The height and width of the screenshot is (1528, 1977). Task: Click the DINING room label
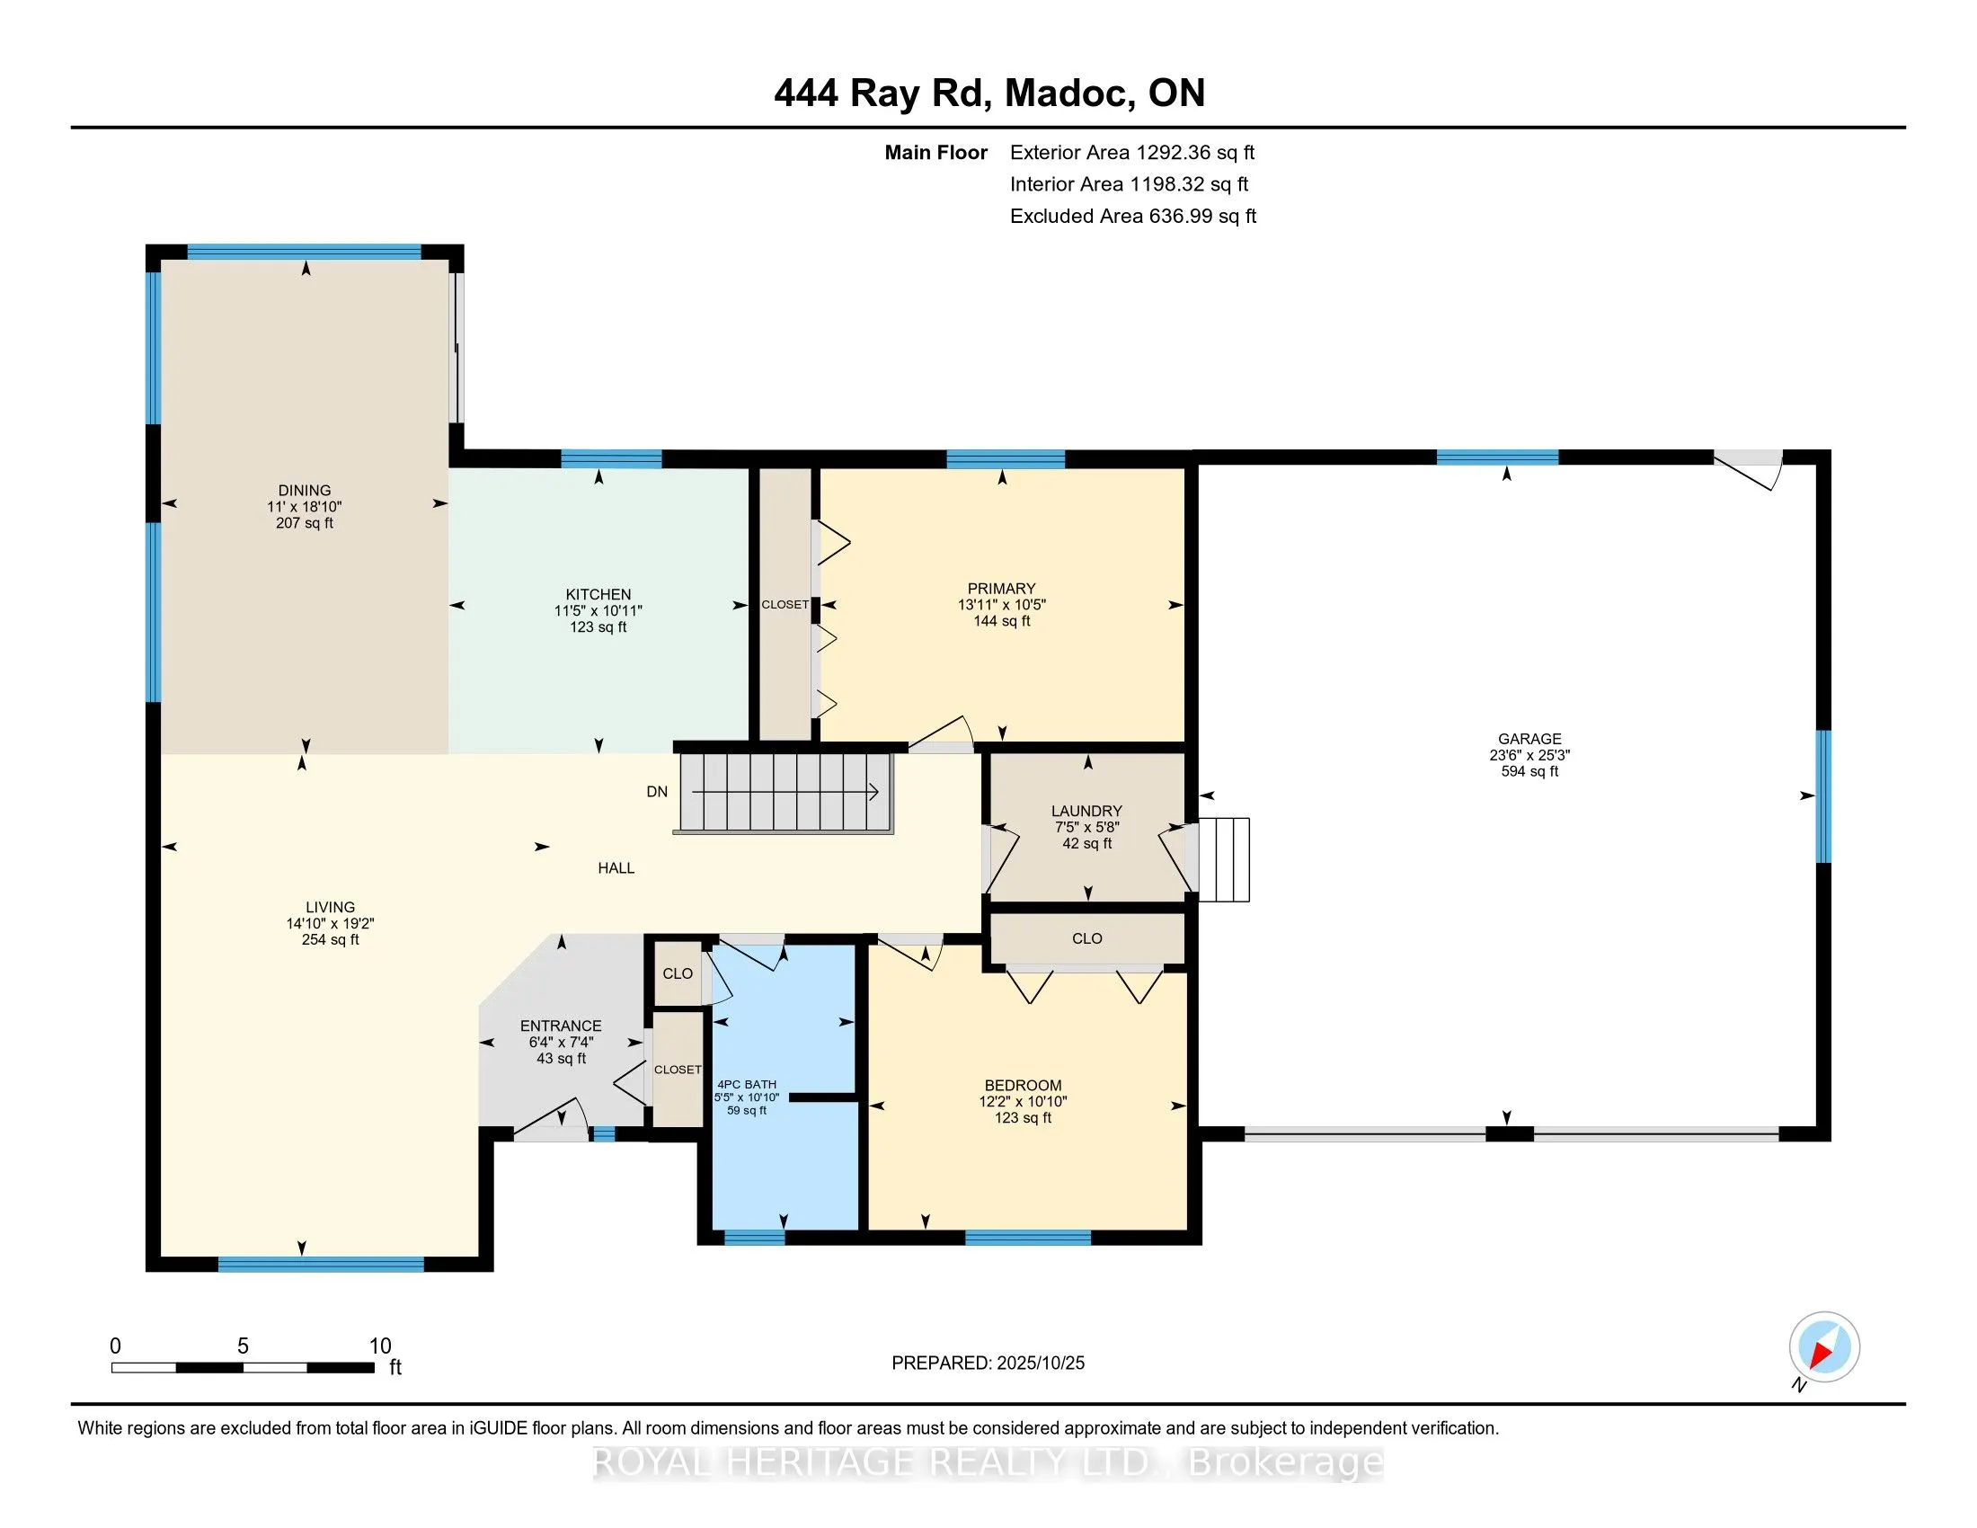[x=304, y=491]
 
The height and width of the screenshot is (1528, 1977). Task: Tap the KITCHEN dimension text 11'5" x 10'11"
[x=598, y=611]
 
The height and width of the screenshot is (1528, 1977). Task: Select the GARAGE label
[x=1529, y=739]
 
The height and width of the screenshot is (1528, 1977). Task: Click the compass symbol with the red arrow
[x=1824, y=1346]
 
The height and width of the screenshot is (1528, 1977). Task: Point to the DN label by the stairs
[x=657, y=791]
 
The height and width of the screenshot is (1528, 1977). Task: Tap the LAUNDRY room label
[x=1086, y=811]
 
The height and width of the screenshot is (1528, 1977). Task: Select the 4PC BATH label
[x=746, y=1085]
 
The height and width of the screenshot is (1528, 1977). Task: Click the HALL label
[x=616, y=868]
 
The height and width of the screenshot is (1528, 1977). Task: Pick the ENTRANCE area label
[x=561, y=1026]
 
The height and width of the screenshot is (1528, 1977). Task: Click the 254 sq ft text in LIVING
[x=331, y=939]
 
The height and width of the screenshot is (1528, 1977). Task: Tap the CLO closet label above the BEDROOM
[x=1086, y=938]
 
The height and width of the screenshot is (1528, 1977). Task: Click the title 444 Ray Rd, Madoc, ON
[x=988, y=93]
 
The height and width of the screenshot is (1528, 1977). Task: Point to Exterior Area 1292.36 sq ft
[x=1131, y=153]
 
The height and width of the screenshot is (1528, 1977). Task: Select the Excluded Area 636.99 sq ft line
[x=1132, y=217]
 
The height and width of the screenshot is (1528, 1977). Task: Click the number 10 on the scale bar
[x=380, y=1346]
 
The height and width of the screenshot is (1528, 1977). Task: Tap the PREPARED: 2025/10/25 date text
[x=988, y=1364]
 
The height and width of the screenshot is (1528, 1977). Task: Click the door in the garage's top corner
[x=1748, y=468]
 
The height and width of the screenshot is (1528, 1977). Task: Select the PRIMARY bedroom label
[x=1001, y=589]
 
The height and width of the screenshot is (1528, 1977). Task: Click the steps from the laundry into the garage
[x=1224, y=860]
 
